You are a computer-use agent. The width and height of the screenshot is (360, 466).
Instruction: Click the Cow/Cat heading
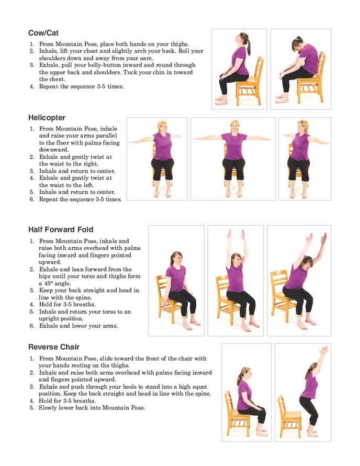pos(43,32)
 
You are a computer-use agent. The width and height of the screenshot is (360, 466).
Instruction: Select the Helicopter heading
pos(47,118)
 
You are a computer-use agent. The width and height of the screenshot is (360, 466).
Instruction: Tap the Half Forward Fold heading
pos(61,229)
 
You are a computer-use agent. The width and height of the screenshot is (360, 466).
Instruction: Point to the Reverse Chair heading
pos(54,347)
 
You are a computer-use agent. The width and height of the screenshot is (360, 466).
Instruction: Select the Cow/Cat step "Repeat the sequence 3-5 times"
pos(82,86)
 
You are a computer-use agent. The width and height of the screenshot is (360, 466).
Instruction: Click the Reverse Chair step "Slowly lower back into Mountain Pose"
pos(92,408)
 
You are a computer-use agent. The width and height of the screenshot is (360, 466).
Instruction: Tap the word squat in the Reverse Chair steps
pos(199,387)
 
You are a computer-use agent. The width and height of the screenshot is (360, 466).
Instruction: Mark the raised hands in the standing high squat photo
pos(324,349)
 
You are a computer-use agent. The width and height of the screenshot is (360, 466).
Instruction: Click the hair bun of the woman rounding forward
pos(298,39)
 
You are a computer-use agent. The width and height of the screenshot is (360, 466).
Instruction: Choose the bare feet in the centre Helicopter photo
pos(234,193)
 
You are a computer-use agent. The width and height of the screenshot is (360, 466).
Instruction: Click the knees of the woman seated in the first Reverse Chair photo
pos(262,409)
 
